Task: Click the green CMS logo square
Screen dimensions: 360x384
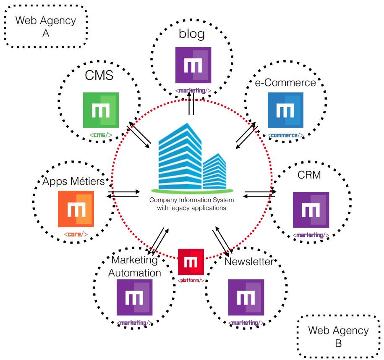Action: pos(101,110)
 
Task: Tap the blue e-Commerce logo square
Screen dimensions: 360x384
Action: pos(286,110)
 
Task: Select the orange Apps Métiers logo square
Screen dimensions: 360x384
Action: pos(76,209)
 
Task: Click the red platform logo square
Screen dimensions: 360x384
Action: pos(191,262)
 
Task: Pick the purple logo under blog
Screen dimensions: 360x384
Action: pos(193,65)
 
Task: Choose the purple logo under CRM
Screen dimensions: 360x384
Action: pos(311,210)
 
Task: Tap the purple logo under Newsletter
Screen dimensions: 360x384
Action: pos(246,297)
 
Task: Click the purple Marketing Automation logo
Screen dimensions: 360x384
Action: pos(134,297)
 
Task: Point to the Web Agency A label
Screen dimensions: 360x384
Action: pos(46,26)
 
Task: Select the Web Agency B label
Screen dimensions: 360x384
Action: pos(338,336)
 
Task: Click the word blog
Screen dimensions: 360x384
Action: pos(192,34)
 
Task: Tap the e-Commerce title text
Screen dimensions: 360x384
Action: pos(285,83)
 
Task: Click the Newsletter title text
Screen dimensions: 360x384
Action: pos(248,262)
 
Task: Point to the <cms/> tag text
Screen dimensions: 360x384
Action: pos(101,135)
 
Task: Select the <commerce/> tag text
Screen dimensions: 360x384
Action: pos(286,135)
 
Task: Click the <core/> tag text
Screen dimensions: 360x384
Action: pos(76,234)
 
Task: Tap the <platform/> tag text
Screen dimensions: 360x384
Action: pos(191,280)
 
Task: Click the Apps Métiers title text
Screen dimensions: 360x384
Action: pos(73,182)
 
